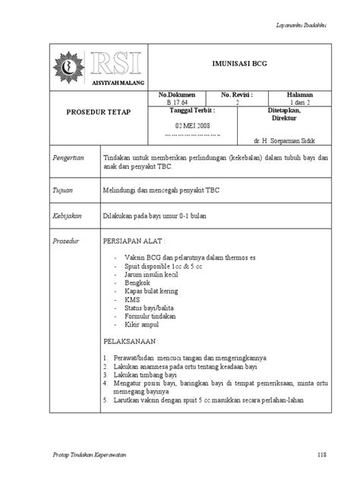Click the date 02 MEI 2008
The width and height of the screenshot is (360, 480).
(x=192, y=124)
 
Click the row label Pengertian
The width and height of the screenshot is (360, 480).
(x=68, y=157)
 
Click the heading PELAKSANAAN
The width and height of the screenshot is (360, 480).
(x=132, y=342)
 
